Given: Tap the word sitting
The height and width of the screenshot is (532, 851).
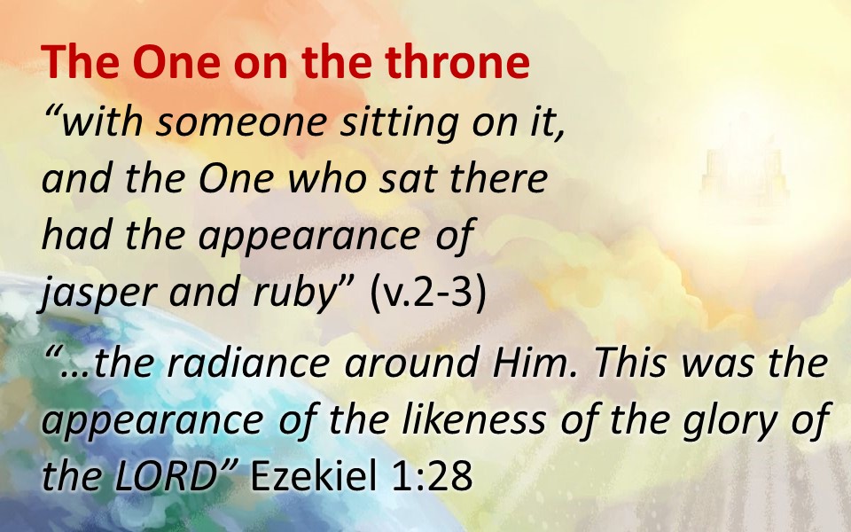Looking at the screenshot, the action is point(400,123).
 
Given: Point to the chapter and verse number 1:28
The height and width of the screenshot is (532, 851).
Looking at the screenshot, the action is point(431,475).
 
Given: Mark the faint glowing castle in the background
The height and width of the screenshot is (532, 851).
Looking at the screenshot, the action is point(744,175).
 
